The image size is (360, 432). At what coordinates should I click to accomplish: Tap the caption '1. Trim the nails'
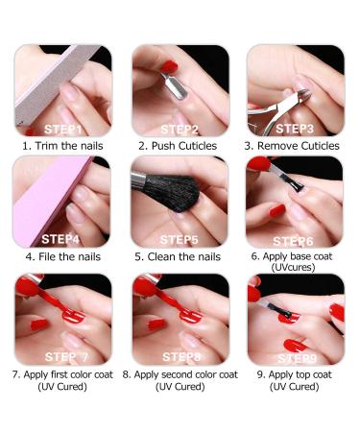pos(62,146)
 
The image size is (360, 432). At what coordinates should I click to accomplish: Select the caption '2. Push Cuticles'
pos(179,146)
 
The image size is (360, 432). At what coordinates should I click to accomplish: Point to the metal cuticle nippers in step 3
pos(305,94)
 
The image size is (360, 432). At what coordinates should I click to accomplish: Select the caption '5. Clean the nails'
pos(179,257)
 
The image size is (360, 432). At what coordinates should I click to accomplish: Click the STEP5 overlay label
pos(180,239)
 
